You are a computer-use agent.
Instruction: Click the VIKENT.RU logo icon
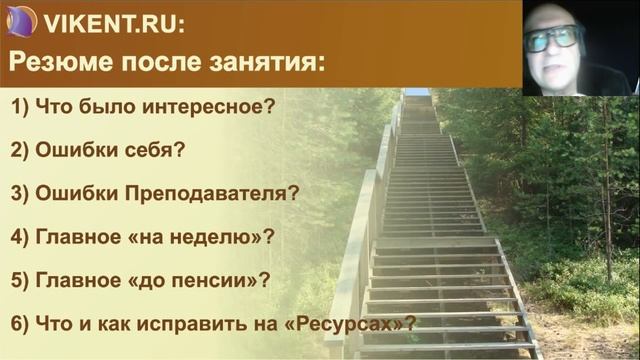pos(21,20)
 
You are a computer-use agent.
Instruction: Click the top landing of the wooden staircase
pos(417,95)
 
